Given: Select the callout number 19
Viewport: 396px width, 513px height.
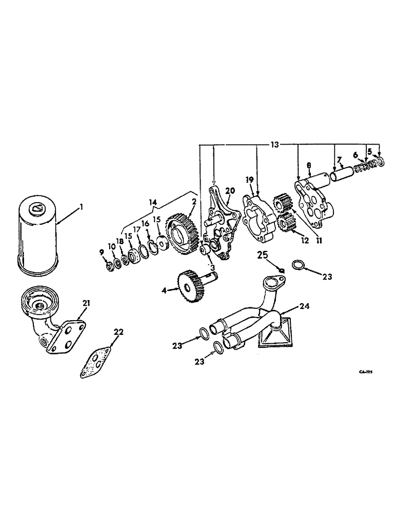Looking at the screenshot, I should [249, 180].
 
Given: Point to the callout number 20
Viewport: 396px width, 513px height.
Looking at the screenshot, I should [229, 190].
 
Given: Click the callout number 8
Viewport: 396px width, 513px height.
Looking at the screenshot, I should [309, 165].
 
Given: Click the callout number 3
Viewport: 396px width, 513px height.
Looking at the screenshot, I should [211, 267].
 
